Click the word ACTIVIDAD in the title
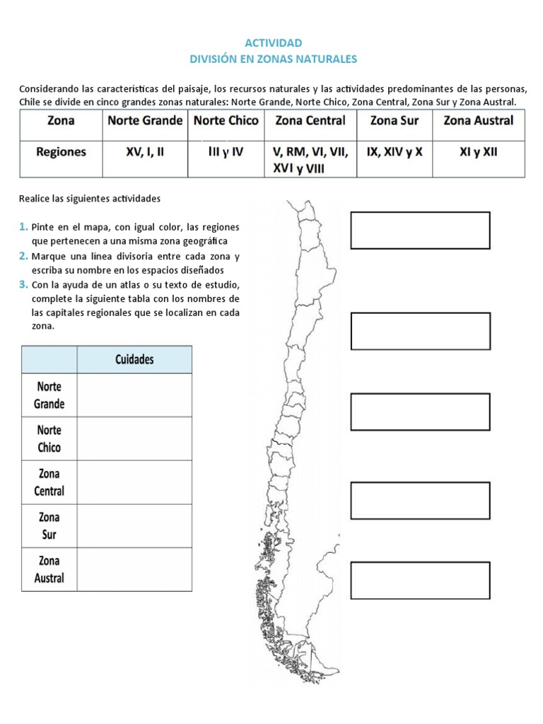273,43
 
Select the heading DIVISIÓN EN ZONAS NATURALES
273,59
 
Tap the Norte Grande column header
145,121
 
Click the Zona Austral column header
478,121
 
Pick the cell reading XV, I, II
145,151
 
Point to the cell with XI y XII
478,151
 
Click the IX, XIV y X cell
395,151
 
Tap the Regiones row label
61,151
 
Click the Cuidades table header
134,359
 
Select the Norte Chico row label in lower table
49,438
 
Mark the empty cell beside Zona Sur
134,525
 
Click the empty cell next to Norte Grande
134,395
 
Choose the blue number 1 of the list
23,227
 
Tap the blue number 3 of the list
23,285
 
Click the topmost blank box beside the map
420,230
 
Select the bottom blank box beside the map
420,580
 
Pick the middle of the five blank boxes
420,411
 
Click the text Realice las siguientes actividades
90,199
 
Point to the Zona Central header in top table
310,121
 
